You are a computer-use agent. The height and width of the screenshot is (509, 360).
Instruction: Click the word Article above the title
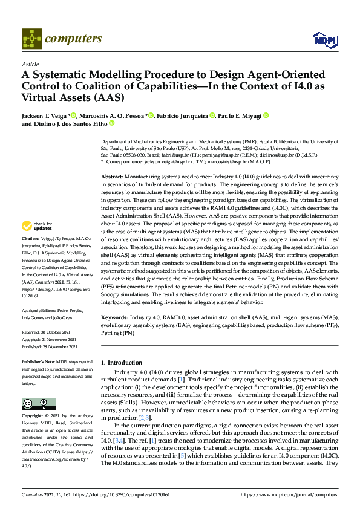click(30, 64)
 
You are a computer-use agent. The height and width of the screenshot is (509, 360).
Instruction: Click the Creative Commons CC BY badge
click(35, 404)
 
